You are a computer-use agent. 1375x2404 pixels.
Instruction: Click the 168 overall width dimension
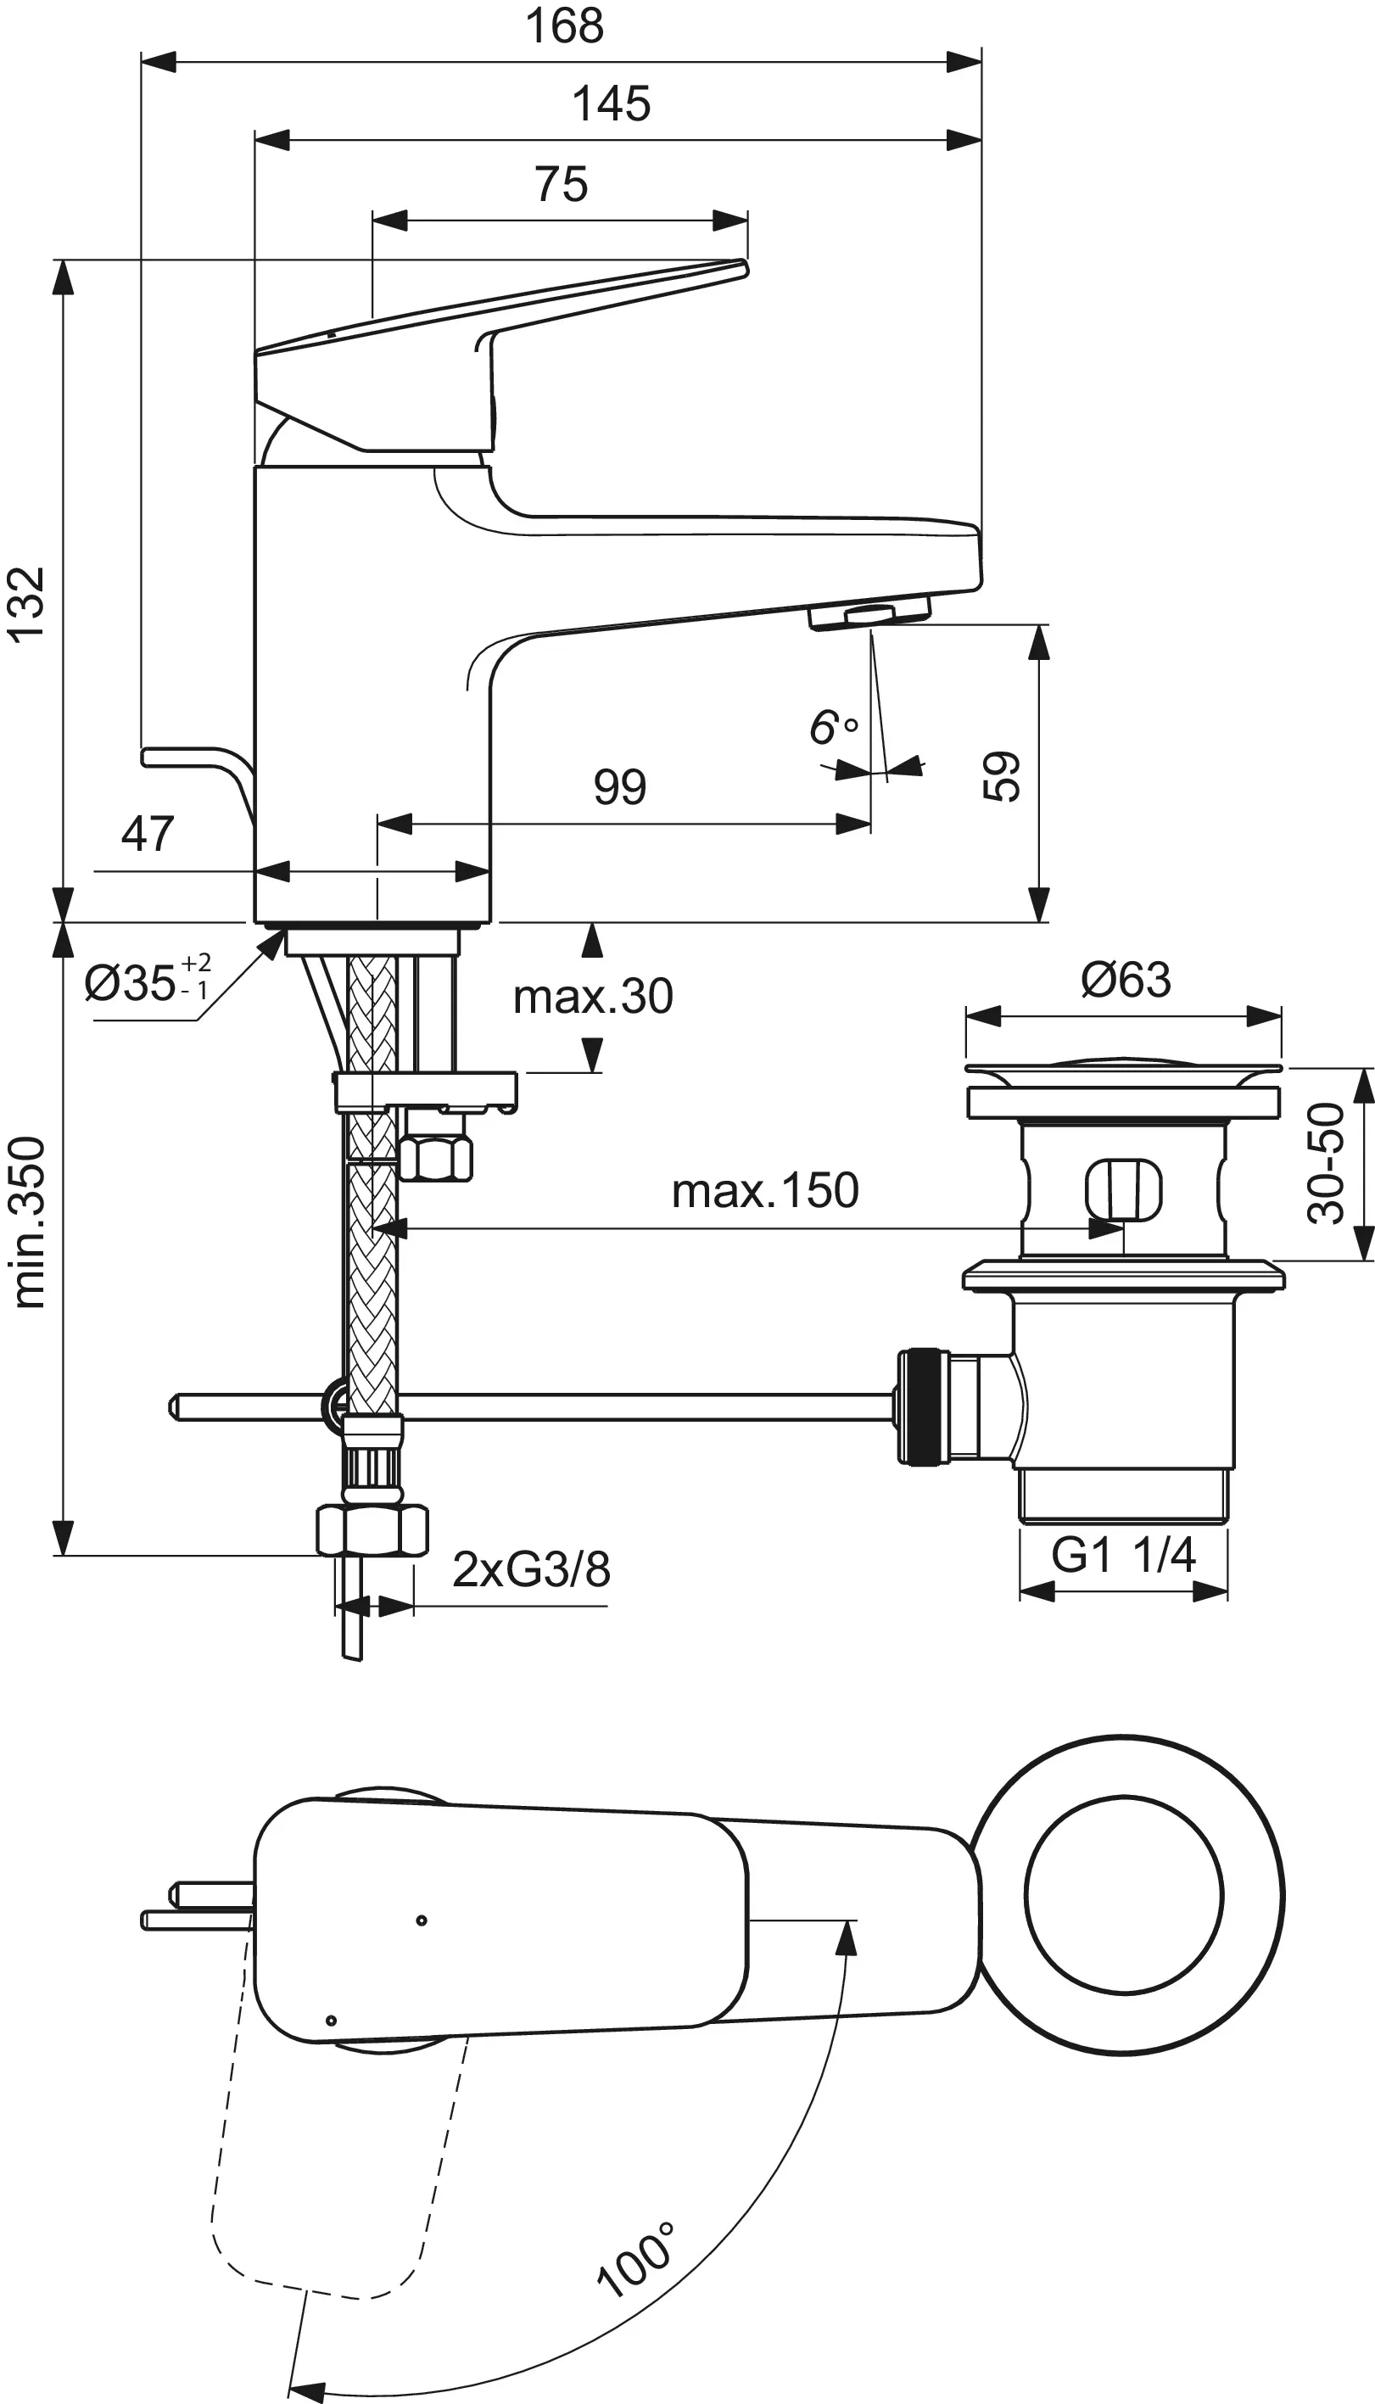pyautogui.click(x=564, y=25)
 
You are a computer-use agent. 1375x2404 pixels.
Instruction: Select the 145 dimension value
pyautogui.click(x=611, y=103)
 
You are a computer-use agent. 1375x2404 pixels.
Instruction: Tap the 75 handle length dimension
pyautogui.click(x=561, y=184)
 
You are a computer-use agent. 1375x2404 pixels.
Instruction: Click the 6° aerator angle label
pyautogui.click(x=833, y=728)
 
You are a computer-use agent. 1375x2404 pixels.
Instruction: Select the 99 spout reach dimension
pyautogui.click(x=619, y=786)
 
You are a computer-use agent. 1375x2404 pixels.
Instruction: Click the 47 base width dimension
pyautogui.click(x=148, y=834)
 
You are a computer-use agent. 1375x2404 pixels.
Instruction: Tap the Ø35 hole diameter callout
pyautogui.click(x=147, y=982)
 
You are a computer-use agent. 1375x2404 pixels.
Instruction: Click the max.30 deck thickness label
pyautogui.click(x=592, y=997)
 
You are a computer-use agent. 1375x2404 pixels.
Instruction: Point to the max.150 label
pyautogui.click(x=765, y=1191)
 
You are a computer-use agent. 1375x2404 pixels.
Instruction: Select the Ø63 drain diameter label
pyautogui.click(x=1126, y=980)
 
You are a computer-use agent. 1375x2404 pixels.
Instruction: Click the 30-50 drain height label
pyautogui.click(x=1326, y=1163)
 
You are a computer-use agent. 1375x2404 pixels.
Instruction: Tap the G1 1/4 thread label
pyautogui.click(x=1123, y=1554)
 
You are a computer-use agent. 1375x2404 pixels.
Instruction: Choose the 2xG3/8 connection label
pyautogui.click(x=531, y=1569)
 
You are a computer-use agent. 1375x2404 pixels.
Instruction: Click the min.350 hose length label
pyautogui.click(x=30, y=1222)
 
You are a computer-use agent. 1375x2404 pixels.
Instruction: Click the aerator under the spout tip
pyautogui.click(x=869, y=617)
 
